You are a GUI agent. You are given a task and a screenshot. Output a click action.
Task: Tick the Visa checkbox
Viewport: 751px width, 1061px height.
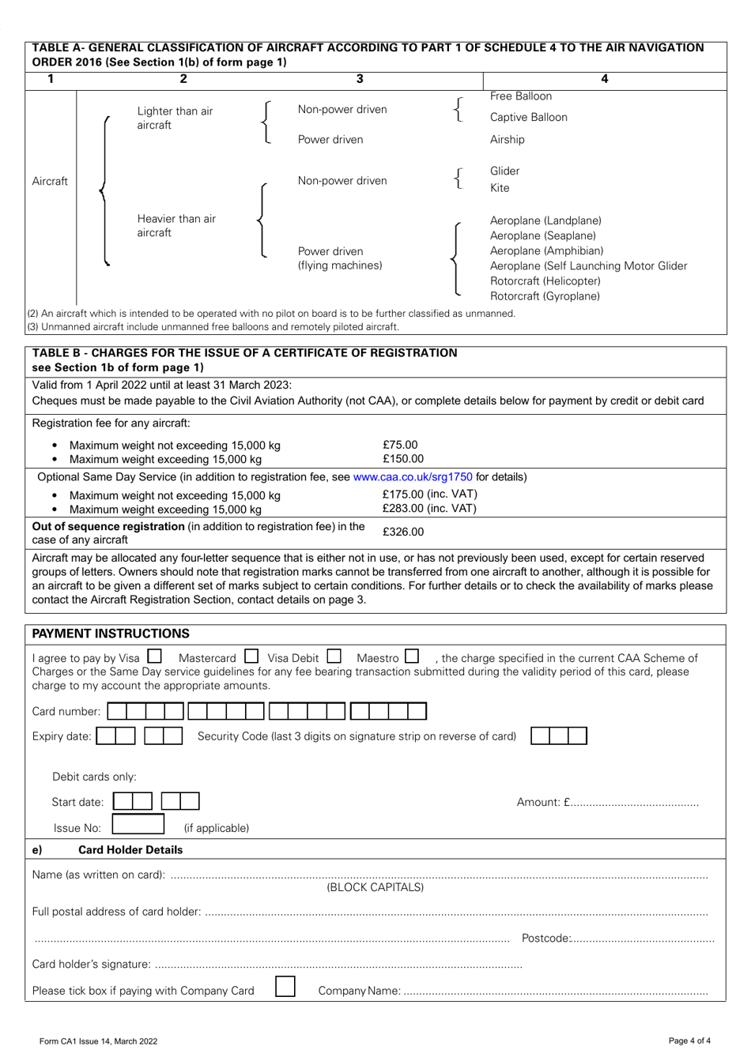pos(154,656)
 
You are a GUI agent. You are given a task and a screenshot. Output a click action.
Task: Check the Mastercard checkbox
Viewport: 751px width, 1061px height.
pos(251,656)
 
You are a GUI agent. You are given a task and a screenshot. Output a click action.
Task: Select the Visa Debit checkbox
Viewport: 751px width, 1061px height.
pos(334,656)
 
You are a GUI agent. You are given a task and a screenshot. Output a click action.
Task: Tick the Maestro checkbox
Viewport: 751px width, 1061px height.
pos(412,656)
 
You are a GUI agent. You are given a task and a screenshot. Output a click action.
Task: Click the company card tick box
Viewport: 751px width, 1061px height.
pos(285,987)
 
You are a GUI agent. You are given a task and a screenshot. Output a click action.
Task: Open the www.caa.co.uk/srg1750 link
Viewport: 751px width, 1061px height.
pos(413,476)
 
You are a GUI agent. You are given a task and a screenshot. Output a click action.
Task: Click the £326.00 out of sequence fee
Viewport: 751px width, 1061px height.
pos(403,532)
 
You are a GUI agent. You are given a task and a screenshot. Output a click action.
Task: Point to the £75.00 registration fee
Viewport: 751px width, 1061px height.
pos(400,445)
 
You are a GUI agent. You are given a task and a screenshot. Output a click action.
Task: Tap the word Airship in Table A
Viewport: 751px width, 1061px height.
pos(507,140)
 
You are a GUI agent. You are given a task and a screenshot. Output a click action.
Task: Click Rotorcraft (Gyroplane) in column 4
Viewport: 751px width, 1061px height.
pos(545,296)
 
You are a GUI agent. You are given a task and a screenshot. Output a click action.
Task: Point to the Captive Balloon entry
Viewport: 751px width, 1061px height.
pos(528,118)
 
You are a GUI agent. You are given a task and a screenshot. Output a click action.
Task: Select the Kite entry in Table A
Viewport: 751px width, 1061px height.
pos(500,188)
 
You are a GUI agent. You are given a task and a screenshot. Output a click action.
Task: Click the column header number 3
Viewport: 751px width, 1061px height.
pos(360,79)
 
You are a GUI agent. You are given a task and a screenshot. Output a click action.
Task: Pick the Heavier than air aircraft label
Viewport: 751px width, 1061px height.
pos(176,226)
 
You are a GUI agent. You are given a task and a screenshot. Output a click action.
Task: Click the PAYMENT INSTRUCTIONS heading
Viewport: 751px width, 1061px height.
pos(111,634)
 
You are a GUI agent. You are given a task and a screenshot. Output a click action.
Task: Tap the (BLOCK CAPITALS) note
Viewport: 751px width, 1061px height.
pos(375,887)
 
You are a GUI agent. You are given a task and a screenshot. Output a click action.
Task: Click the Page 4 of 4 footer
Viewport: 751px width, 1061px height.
pos(689,1040)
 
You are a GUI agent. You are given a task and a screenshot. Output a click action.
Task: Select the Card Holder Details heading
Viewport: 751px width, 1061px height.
pos(130,850)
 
